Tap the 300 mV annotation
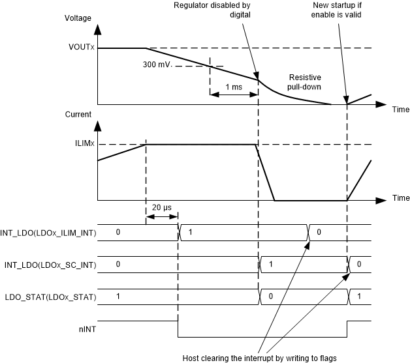click(155, 65)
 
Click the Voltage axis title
click(79, 19)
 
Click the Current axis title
click(78, 115)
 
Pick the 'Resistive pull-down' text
click(305, 81)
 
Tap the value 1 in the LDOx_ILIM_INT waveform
click(190, 232)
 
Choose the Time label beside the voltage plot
click(400, 109)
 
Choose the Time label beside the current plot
click(400, 198)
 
